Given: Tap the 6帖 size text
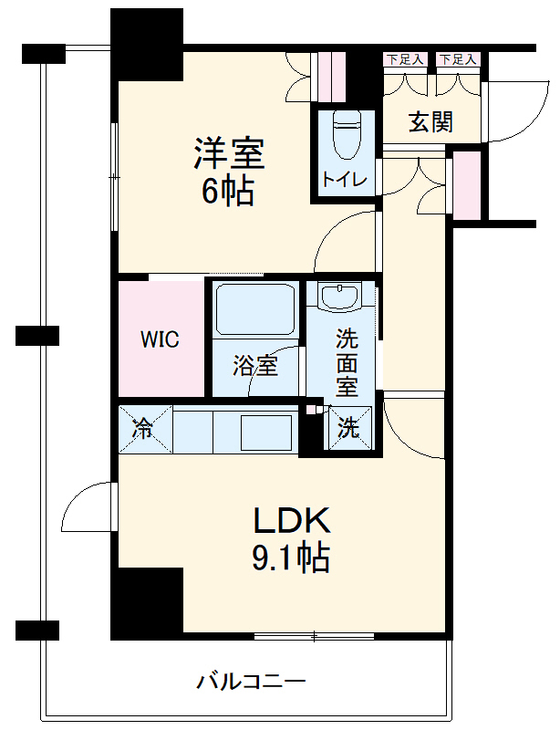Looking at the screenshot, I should (227, 191).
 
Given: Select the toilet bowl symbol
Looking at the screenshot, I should (346, 136).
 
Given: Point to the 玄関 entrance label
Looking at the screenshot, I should (430, 122).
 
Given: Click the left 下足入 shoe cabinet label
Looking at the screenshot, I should (405, 59).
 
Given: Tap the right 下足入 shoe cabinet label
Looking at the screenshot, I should (458, 59).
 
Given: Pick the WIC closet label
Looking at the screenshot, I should (160, 340).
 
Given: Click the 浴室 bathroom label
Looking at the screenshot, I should (254, 367).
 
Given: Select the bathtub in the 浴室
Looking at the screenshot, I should (254, 310).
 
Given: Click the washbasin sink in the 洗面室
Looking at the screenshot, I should (340, 297).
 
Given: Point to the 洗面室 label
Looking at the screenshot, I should (347, 363).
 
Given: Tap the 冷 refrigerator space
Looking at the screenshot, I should (144, 428).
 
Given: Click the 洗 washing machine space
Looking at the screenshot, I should (349, 428).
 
